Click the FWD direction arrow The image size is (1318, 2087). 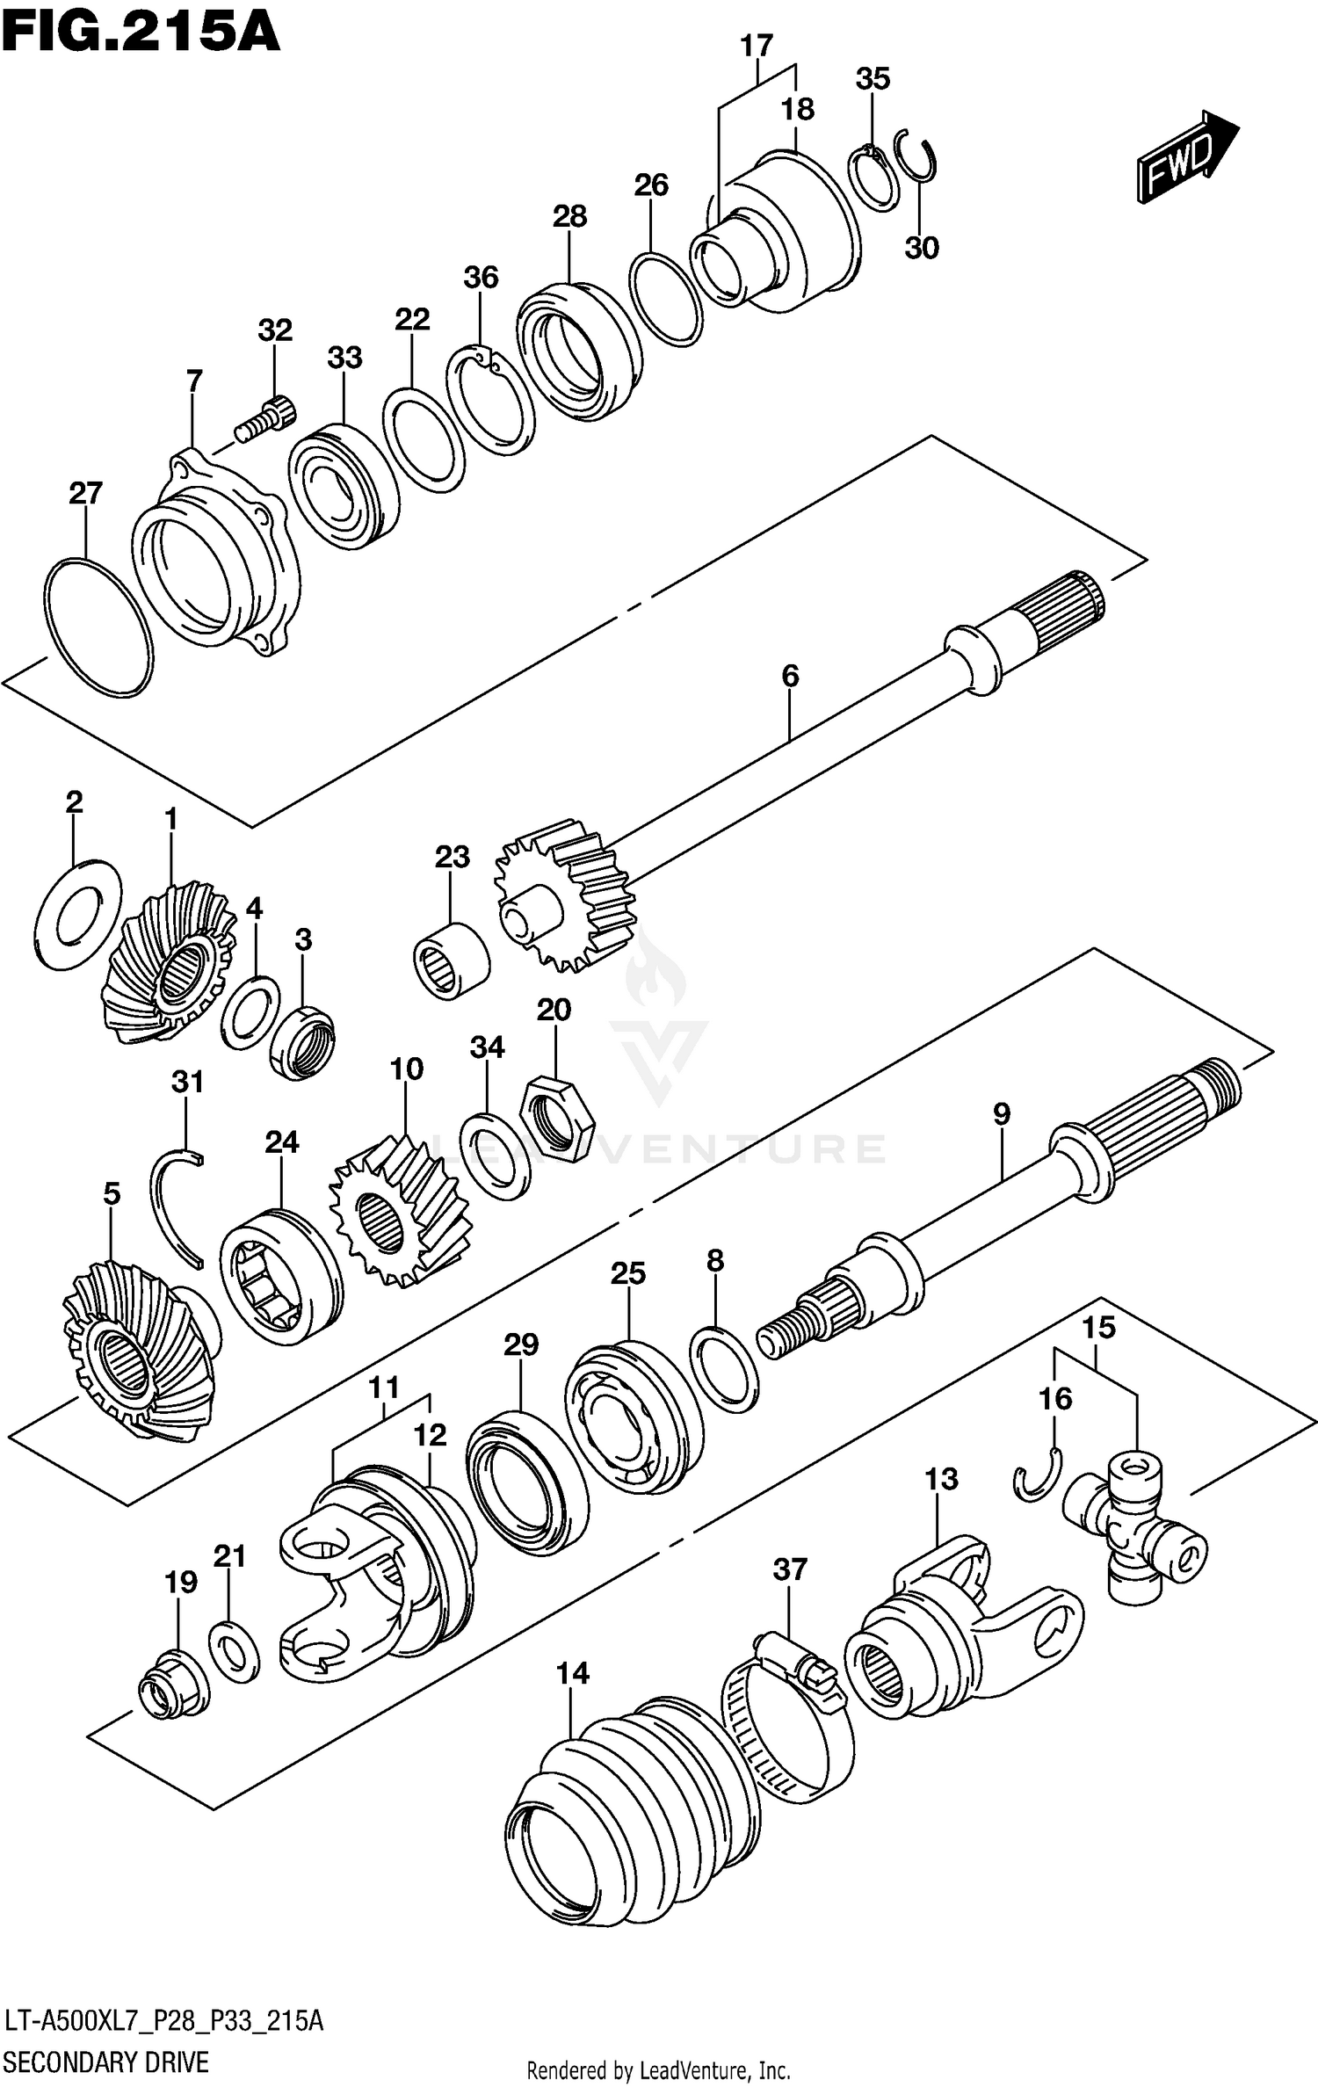[x=1187, y=158]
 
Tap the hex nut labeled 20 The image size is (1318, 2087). [x=557, y=1117]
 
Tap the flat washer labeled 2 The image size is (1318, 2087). [x=79, y=914]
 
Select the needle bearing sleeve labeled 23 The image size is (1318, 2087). [x=452, y=960]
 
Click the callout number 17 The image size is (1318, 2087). [x=756, y=46]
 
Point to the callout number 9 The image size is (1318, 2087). [x=1002, y=1114]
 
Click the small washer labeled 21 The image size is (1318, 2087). [x=235, y=1653]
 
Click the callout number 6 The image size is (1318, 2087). [x=790, y=676]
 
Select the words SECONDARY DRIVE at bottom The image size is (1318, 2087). [x=107, y=2061]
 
